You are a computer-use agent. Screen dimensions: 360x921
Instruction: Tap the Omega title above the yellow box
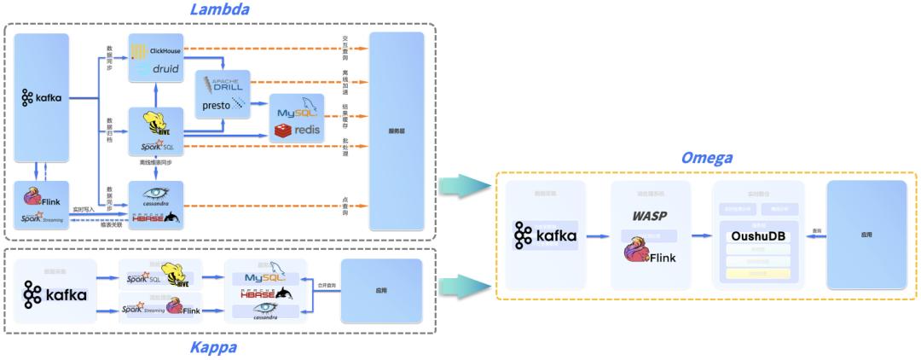(x=706, y=159)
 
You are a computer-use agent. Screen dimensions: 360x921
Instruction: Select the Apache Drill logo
(x=223, y=86)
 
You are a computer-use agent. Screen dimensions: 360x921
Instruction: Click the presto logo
(x=223, y=106)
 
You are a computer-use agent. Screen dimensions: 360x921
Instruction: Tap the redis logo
(x=296, y=131)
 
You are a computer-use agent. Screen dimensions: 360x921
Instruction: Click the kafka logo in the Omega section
(x=545, y=235)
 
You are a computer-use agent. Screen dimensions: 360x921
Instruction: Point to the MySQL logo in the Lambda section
(x=297, y=111)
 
